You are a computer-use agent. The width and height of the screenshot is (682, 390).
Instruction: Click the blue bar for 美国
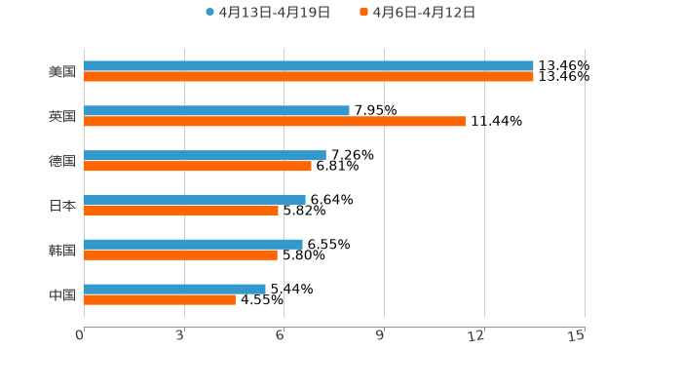pos(309,66)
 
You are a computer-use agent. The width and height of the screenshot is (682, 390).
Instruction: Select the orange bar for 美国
pos(309,77)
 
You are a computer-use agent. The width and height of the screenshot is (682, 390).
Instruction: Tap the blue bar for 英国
pos(216,111)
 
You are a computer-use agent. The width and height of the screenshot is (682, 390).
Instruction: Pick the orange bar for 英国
pos(275,122)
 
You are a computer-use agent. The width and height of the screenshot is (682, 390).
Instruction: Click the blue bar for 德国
pos(205,155)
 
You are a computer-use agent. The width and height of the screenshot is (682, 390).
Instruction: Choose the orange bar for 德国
pos(198,166)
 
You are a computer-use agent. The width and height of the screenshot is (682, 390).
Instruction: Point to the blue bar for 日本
pos(195,200)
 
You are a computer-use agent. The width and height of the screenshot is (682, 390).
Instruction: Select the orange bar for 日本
pos(181,211)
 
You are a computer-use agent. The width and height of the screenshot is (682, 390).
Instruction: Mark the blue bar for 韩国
pos(193,244)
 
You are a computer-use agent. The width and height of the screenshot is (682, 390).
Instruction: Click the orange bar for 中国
pos(160,300)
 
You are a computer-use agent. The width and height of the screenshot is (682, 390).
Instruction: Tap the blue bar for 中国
pos(174,289)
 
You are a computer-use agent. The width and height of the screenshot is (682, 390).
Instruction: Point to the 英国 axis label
pos(62,117)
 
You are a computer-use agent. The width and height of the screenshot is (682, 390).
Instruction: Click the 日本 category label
pos(62,206)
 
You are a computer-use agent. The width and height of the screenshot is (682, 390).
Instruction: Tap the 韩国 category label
pos(62,251)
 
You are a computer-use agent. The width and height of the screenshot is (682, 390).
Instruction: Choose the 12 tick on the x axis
pos(477,335)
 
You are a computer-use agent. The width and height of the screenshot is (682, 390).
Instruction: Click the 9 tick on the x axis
pos(381,335)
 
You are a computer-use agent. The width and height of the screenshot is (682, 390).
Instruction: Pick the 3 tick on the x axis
pos(181,335)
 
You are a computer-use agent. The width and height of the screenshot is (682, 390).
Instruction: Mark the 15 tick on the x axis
pos(577,335)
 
